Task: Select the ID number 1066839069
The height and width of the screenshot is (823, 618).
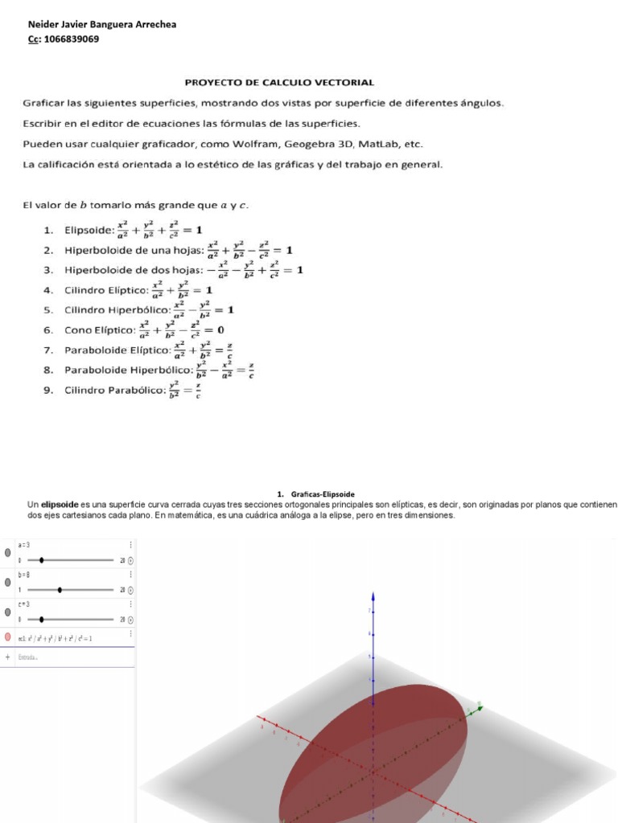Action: coord(72,39)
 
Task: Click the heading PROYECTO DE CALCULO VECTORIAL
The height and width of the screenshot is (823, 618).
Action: coord(279,82)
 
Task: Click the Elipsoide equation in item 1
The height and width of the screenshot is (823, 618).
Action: coord(159,230)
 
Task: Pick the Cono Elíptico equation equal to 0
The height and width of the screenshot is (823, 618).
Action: coord(181,330)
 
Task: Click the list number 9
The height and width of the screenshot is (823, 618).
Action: coord(48,391)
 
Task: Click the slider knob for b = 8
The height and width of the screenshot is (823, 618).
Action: coord(60,589)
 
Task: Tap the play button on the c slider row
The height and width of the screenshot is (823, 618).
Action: coord(130,620)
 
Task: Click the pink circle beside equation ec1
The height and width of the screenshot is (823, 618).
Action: coord(8,637)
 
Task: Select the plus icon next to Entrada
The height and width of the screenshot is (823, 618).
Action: coord(8,657)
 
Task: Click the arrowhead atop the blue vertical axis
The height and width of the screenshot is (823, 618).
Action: coord(372,596)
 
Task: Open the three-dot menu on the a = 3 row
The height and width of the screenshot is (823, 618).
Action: coord(130,545)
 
